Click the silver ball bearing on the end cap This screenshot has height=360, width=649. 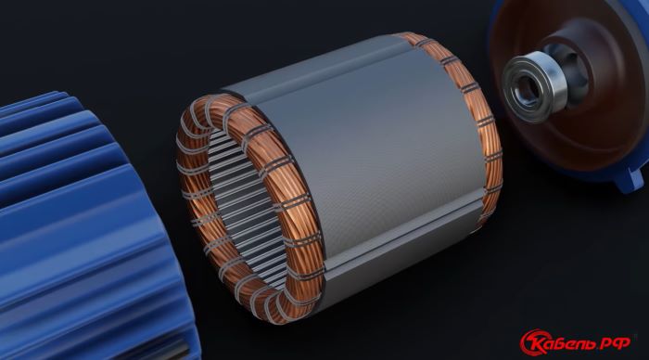point(534,86)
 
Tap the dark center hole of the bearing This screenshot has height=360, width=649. point(527,88)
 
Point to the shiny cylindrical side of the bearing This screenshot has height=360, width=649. point(554,83)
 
